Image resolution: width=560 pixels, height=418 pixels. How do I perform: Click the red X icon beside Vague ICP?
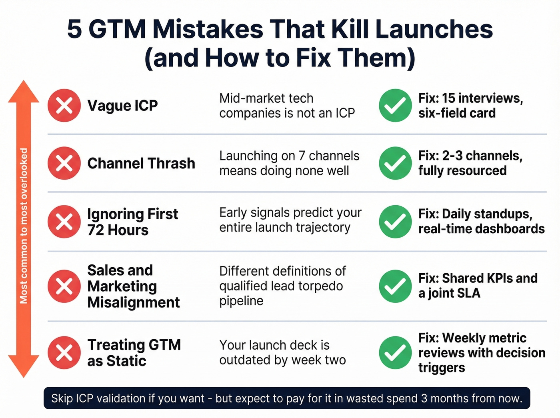click(x=64, y=106)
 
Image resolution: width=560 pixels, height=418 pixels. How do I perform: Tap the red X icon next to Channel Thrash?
click(x=64, y=163)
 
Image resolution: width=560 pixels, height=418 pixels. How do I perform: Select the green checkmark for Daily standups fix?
click(x=395, y=221)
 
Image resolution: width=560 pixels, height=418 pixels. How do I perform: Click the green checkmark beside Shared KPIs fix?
click(x=395, y=286)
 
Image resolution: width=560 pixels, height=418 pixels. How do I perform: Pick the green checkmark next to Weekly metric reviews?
click(x=395, y=352)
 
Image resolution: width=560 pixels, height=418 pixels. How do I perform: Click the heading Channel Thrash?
click(x=141, y=163)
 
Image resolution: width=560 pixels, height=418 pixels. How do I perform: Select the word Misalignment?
click(x=134, y=302)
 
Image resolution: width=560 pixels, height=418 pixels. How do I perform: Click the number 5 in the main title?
click(x=74, y=29)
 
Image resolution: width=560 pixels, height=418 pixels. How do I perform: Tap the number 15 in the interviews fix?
click(x=448, y=98)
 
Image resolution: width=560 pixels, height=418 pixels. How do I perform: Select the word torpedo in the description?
click(x=323, y=286)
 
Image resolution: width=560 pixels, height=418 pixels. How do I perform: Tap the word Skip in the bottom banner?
click(x=62, y=398)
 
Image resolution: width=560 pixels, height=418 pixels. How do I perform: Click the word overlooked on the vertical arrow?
click(x=24, y=174)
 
